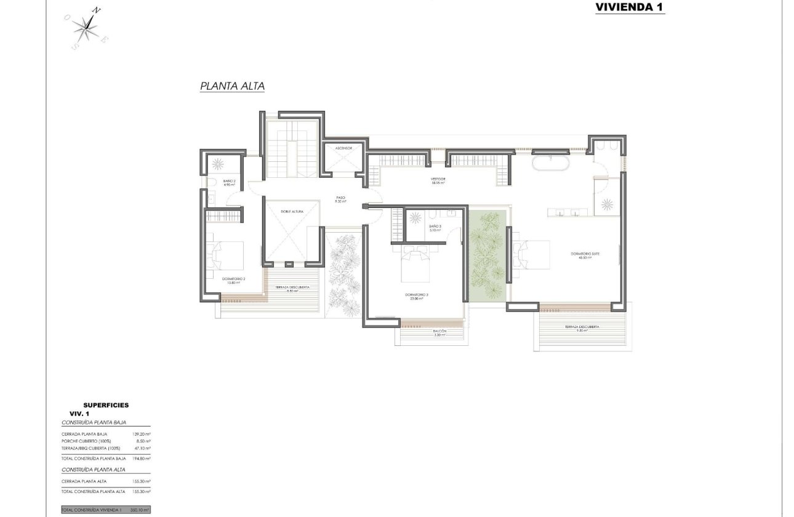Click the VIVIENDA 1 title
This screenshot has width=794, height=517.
pyautogui.click(x=630, y=7)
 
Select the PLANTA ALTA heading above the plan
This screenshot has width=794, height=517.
pyautogui.click(x=232, y=87)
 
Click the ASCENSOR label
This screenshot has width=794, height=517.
pyautogui.click(x=343, y=148)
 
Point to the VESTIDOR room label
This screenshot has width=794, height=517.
pyautogui.click(x=438, y=180)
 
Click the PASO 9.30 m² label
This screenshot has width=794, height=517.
pyautogui.click(x=340, y=200)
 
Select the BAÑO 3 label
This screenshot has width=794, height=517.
pyautogui.click(x=435, y=227)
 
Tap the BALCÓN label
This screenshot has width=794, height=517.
pyautogui.click(x=439, y=332)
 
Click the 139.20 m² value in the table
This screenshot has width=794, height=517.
pyautogui.click(x=142, y=434)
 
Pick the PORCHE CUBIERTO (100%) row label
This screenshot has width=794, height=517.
pyautogui.click(x=91, y=441)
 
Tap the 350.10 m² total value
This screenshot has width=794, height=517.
pyautogui.click(x=140, y=510)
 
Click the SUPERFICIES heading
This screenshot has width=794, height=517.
pyautogui.click(x=106, y=405)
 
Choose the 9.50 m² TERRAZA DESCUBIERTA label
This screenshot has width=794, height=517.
pyautogui.click(x=582, y=329)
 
